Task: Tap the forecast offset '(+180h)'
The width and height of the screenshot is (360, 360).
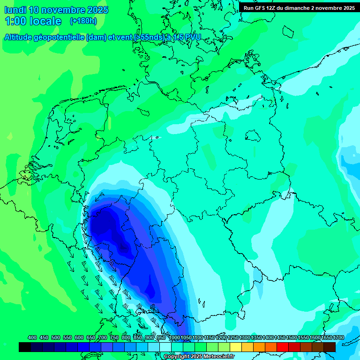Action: pos(83,21)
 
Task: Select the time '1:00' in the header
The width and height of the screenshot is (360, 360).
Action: pos(15,21)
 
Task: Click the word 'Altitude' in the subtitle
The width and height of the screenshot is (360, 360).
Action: pos(21,37)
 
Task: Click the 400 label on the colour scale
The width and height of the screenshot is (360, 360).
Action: pos(32,337)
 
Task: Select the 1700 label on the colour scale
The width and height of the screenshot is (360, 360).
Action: pos(338,337)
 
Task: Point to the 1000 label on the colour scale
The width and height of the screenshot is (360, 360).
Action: pos(174,337)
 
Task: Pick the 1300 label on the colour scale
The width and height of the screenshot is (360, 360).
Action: pos(245,337)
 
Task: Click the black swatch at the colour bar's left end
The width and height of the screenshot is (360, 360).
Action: pos(25,347)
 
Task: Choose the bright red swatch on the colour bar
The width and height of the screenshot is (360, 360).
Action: pos(283,347)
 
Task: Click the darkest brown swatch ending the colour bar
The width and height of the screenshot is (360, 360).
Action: pos(330,347)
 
